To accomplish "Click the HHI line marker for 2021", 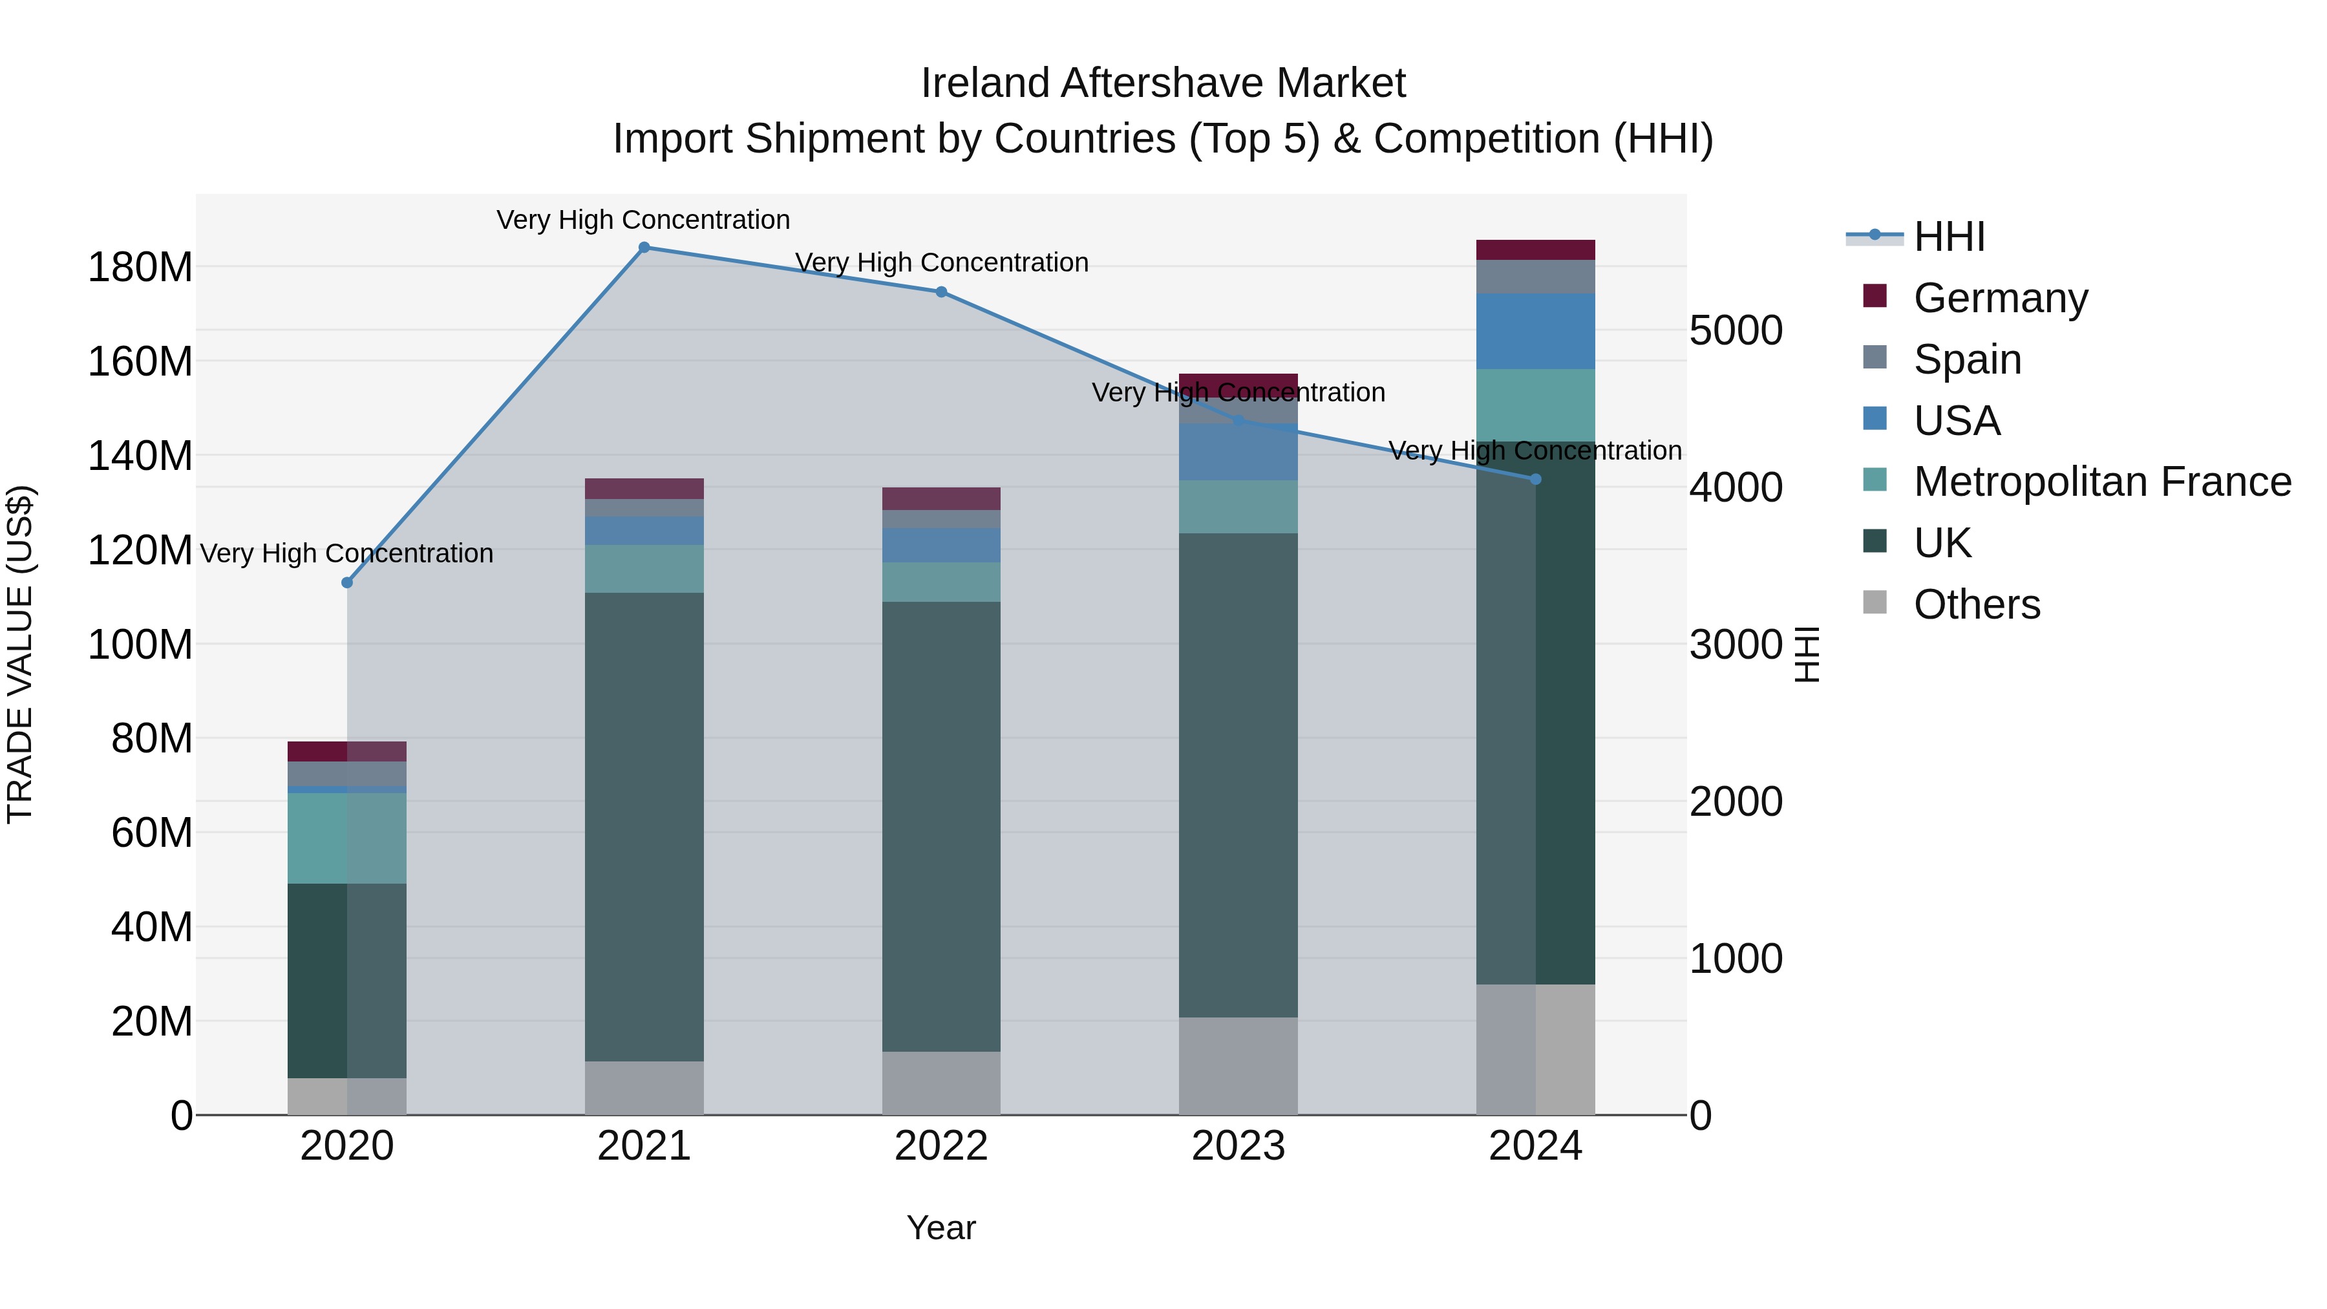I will (644, 248).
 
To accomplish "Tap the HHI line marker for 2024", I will (1536, 480).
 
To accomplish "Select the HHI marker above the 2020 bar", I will (347, 582).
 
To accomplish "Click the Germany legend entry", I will (2000, 298).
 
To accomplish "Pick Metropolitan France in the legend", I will (2101, 482).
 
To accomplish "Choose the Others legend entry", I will (1977, 604).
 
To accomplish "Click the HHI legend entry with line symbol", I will (1948, 237).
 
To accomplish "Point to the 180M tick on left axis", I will (140, 268).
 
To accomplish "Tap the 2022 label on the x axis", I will (941, 1146).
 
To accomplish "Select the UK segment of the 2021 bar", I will (644, 827).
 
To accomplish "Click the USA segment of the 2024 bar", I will (1536, 332).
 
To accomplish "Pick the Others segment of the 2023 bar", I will (1238, 1066).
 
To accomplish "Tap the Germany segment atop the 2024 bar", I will (1536, 250).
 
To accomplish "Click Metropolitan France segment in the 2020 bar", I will (347, 838).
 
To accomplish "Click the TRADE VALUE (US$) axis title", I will (21, 654).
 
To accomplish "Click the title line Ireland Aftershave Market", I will (1163, 83).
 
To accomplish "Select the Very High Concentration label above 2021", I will (643, 220).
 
